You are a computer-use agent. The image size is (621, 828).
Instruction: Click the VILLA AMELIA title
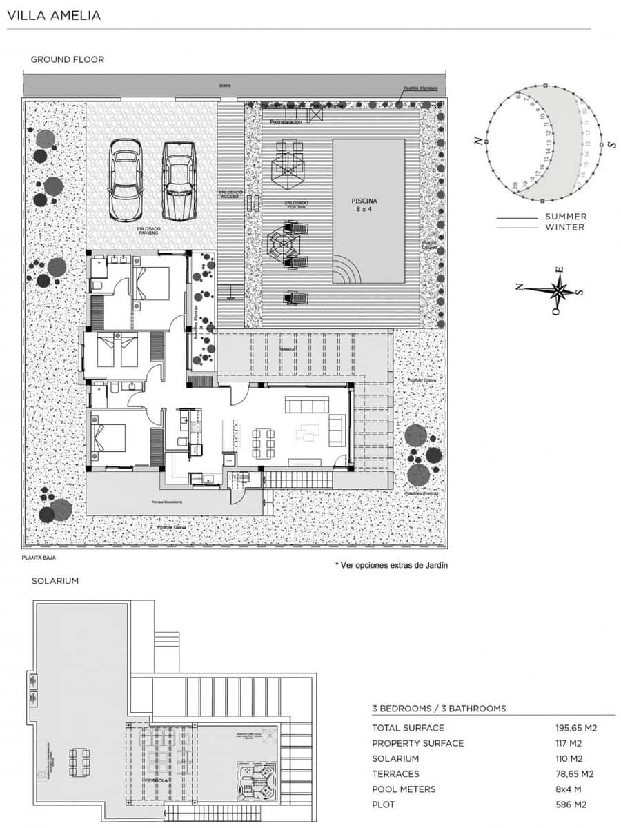pyautogui.click(x=54, y=15)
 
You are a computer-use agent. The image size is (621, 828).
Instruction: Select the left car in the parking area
pyautogui.click(x=125, y=179)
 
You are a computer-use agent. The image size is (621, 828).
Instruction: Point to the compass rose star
pyautogui.click(x=560, y=290)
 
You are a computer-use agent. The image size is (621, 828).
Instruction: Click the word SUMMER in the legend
pyautogui.click(x=566, y=217)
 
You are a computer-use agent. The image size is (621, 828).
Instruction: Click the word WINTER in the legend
pyautogui.click(x=565, y=227)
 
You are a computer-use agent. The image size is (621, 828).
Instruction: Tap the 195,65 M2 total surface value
pyautogui.click(x=575, y=728)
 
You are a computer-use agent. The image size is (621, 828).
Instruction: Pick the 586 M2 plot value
pyautogui.click(x=571, y=805)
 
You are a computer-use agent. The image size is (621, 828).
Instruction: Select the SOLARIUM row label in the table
pyautogui.click(x=395, y=758)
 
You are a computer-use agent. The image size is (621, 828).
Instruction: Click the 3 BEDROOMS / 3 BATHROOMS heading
pyautogui.click(x=439, y=709)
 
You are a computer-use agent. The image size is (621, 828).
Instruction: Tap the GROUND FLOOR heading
pyautogui.click(x=67, y=59)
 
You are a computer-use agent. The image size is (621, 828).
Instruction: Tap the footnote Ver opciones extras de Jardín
pyautogui.click(x=391, y=564)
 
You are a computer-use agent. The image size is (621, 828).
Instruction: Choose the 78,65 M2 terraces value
pyautogui.click(x=575, y=773)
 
